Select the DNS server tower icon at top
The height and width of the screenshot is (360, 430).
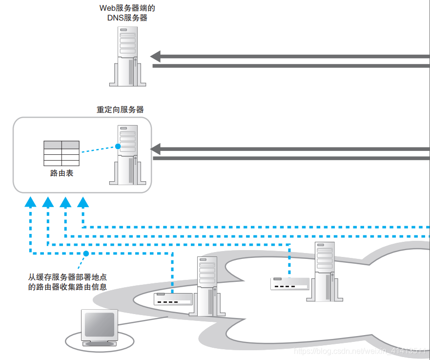pos(127,56)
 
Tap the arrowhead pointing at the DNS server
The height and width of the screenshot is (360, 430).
pos(155,55)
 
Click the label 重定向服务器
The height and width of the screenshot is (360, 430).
pos(120,110)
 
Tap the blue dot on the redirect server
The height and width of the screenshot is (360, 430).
pos(118,146)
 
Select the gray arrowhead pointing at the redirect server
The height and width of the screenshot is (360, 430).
pos(155,148)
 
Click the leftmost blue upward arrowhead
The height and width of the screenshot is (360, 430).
pos(30,201)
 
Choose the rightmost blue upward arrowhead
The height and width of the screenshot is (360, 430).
pos(83,201)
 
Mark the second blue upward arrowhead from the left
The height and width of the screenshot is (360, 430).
pos(48,201)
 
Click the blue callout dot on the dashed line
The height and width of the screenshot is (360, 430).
pos(86,253)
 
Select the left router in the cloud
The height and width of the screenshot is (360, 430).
pos(172,299)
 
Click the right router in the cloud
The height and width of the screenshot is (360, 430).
pos(290,284)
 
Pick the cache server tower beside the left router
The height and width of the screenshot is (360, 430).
pos(206,286)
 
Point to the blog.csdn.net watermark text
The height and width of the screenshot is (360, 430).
pos(361,351)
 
